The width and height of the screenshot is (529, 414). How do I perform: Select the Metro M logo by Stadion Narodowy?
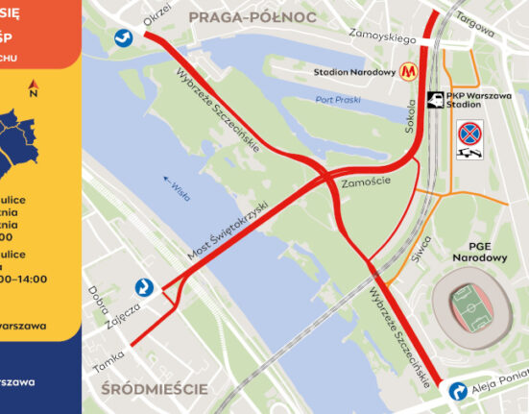(411, 71)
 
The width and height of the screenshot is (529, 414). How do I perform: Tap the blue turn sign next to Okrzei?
(123, 37)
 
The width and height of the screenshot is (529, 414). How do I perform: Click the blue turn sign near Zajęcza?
(143, 286)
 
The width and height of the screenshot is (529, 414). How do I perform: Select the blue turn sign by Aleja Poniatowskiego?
(458, 392)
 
